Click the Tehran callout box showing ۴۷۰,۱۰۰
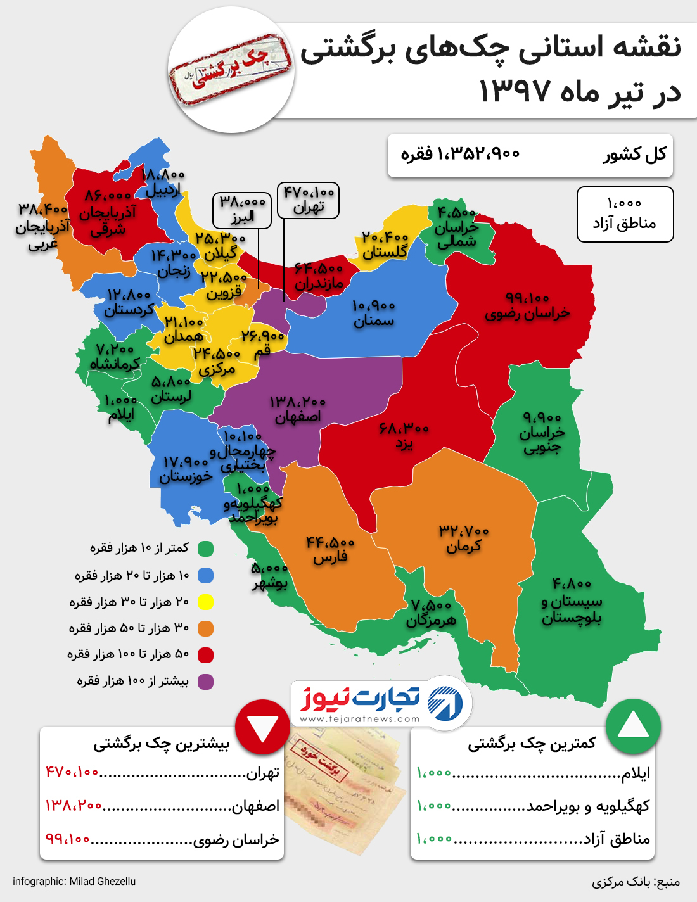pyautogui.click(x=308, y=200)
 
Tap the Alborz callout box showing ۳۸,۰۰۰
pyautogui.click(x=242, y=210)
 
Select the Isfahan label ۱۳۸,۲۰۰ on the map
pyautogui.click(x=297, y=409)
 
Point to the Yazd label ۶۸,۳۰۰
pyautogui.click(x=404, y=435)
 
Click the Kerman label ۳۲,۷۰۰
pyautogui.click(x=464, y=538)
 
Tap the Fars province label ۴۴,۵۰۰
pyautogui.click(x=330, y=550)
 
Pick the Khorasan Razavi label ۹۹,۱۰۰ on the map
pyautogui.click(x=527, y=305)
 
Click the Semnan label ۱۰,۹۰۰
pyautogui.click(x=374, y=314)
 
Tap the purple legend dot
pyautogui.click(x=205, y=682)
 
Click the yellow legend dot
pyautogui.click(x=205, y=602)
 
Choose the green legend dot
pyautogui.click(x=205, y=549)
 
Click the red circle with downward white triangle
pyautogui.click(x=262, y=727)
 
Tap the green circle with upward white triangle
pyautogui.click(x=633, y=726)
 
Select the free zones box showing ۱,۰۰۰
pyautogui.click(x=625, y=214)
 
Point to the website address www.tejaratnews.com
pyautogui.click(x=360, y=719)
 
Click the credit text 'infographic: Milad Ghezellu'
pyautogui.click(x=74, y=881)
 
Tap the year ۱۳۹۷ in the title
pyautogui.click(x=515, y=92)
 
